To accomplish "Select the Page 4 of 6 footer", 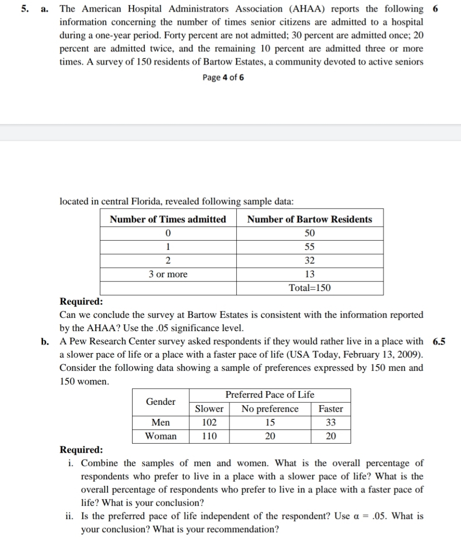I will pos(223,77).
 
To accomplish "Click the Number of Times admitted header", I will pos(168,219).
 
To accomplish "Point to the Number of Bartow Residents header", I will pos(309,219).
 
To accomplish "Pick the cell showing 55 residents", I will pos(309,247).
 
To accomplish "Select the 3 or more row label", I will pos(168,274).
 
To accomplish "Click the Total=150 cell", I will pos(309,288).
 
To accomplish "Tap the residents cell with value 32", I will pos(309,260).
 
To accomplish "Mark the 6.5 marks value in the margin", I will pos(439,341).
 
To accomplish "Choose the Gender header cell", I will pos(160,402).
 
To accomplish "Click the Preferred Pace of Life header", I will pos(270,395).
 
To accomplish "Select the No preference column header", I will pos(270,409).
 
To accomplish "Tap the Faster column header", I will pos(330,409).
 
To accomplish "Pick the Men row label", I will pos(160,423).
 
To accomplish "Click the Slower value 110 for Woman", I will pos(209,436).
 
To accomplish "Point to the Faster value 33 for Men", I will pos(330,423).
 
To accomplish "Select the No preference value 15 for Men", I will pos(270,423).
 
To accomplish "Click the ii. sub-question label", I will pos(70,516).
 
